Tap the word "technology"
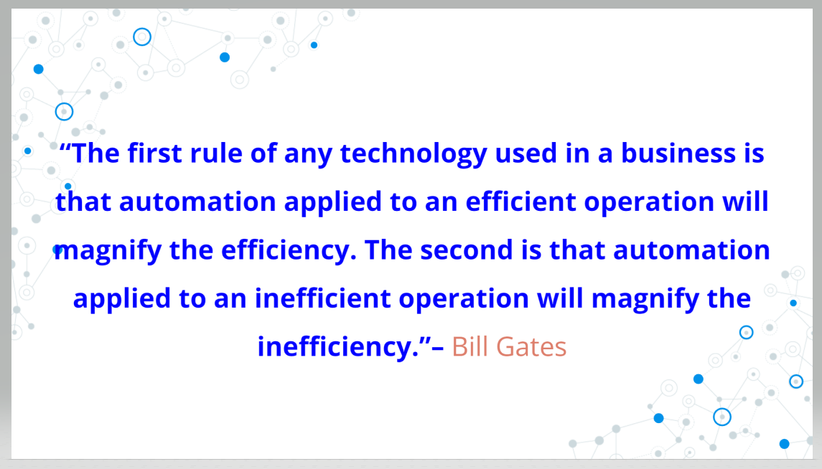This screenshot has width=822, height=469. point(414,154)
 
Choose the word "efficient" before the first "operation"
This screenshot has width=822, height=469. point(520,202)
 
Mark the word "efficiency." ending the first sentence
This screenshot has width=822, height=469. point(289,250)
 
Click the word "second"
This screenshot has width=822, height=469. point(466,250)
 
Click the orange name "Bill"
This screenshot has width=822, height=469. point(470,346)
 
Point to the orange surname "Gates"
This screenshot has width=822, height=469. point(531,346)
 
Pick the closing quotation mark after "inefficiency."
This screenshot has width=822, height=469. point(424,340)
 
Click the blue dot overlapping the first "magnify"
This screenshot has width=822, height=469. point(58,250)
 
